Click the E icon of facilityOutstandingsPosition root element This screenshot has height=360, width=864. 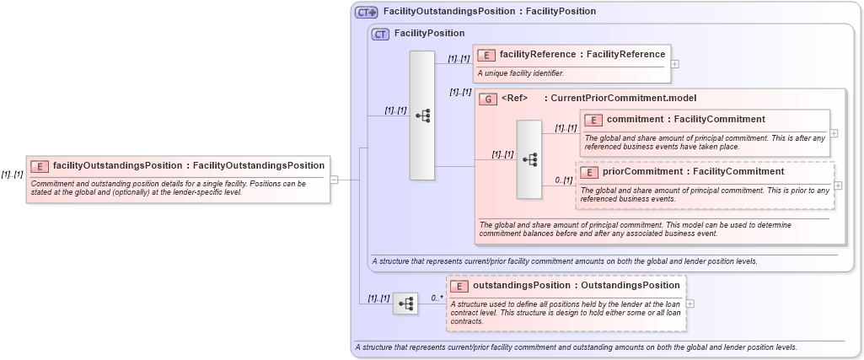[x=40, y=166]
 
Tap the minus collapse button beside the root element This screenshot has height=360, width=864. [x=334, y=179]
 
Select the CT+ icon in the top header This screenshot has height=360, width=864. [x=366, y=12]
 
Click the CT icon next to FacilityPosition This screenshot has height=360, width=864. [x=380, y=34]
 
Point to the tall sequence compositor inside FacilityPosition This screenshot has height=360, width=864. [x=421, y=115]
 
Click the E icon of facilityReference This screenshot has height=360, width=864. [x=486, y=55]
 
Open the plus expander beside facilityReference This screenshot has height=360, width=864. [x=675, y=63]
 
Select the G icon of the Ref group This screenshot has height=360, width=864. [x=487, y=99]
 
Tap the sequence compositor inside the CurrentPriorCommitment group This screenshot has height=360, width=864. [x=529, y=159]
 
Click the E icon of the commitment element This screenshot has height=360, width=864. [x=593, y=120]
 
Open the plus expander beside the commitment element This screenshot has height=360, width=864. [x=834, y=132]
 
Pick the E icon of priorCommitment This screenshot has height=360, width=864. [x=589, y=172]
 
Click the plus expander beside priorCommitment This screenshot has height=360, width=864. [x=838, y=185]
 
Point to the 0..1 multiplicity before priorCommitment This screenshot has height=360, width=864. [x=564, y=180]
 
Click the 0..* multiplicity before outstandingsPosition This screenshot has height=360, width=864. [x=437, y=298]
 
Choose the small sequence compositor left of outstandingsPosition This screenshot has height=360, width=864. [x=405, y=303]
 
